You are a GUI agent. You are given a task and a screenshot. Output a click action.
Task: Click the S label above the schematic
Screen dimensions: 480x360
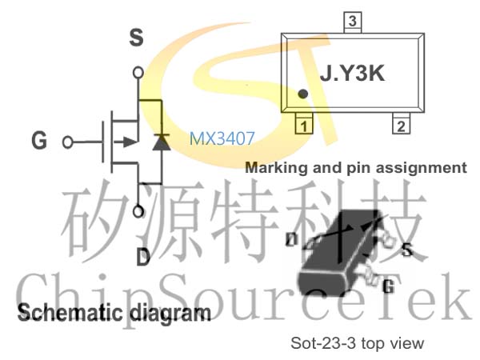(x=136, y=38)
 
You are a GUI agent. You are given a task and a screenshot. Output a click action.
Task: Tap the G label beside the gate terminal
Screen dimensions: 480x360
(x=39, y=140)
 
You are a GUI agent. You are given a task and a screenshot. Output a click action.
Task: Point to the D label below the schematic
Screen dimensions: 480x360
(x=143, y=257)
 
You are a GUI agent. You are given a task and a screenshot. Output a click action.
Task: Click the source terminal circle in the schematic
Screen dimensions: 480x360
(x=138, y=73)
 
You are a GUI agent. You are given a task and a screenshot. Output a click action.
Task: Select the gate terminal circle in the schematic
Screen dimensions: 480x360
(x=68, y=142)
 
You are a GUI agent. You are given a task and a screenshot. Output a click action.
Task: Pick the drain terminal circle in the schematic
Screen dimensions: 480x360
(x=138, y=211)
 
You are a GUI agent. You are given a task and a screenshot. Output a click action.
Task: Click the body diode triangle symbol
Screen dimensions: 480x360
(x=162, y=142)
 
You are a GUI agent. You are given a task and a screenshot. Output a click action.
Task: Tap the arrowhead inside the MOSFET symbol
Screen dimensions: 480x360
(x=130, y=142)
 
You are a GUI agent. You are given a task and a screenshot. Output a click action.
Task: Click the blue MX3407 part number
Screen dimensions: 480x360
(x=222, y=138)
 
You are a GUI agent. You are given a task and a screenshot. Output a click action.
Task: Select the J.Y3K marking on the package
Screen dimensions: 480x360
(x=352, y=73)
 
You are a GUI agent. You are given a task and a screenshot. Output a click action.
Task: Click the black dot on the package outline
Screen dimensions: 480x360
(x=302, y=94)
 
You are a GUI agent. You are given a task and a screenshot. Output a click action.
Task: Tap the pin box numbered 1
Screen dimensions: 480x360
(x=304, y=124)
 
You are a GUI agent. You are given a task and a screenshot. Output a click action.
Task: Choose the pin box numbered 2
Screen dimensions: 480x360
(x=401, y=124)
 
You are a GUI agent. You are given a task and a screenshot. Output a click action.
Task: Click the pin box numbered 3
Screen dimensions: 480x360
(x=353, y=22)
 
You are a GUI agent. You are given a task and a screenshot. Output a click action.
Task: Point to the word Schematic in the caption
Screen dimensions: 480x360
(x=70, y=313)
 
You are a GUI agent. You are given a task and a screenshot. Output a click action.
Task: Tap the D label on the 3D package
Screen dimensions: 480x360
(x=291, y=240)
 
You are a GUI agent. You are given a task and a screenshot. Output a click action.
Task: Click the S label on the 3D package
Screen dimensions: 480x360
(x=407, y=250)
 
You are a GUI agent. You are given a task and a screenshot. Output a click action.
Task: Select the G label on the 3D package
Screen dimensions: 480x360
(x=389, y=286)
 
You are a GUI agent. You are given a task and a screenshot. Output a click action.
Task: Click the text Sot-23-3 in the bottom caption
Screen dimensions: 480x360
(x=323, y=343)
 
